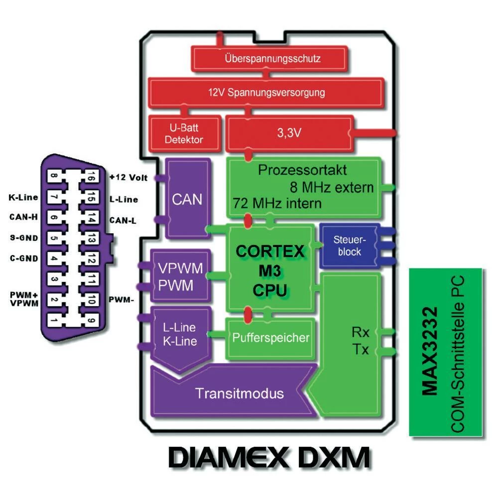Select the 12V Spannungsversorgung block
(266, 92)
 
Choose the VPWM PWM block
(180, 276)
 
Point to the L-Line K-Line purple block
(179, 335)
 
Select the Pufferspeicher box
(271, 338)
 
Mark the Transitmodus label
(240, 393)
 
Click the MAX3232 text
(430, 351)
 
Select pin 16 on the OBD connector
(91, 177)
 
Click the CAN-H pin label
(23, 217)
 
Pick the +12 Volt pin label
(128, 178)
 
